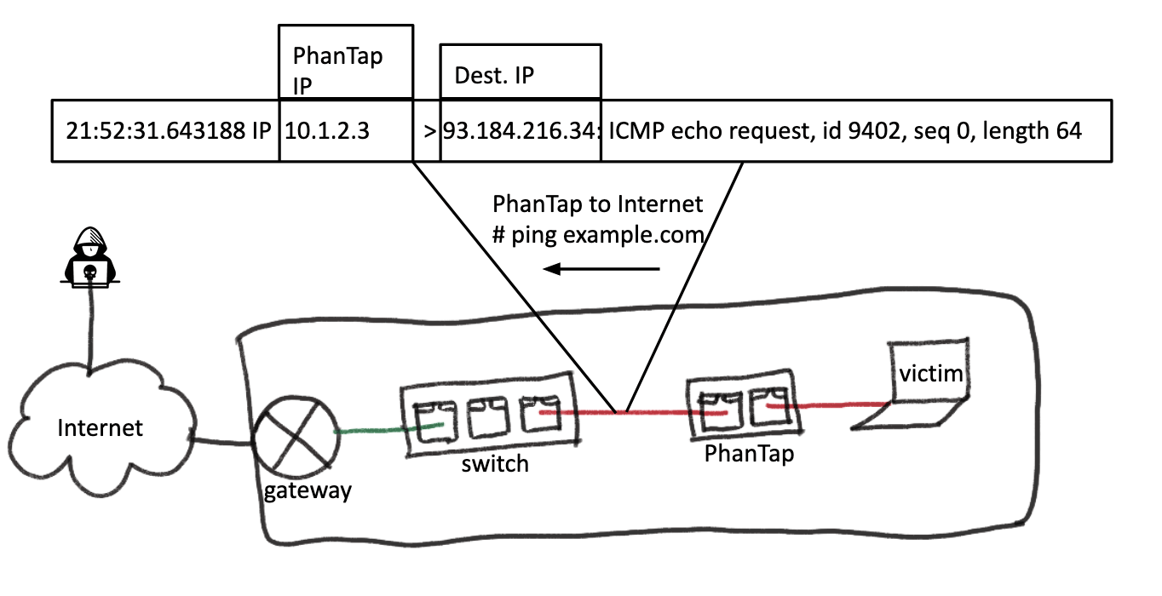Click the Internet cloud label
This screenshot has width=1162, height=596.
pos(100,427)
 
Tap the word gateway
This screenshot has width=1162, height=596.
pos(306,491)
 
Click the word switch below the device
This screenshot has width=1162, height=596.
pos(494,464)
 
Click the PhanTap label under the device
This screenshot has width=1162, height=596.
pos(749,454)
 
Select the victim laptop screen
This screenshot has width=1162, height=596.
pos(929,373)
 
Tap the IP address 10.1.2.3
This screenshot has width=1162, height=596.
pos(327,132)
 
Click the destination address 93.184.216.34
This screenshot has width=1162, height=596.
pos(520,132)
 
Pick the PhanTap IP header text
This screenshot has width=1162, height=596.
pos(338,66)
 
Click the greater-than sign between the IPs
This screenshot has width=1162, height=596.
pos(429,132)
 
